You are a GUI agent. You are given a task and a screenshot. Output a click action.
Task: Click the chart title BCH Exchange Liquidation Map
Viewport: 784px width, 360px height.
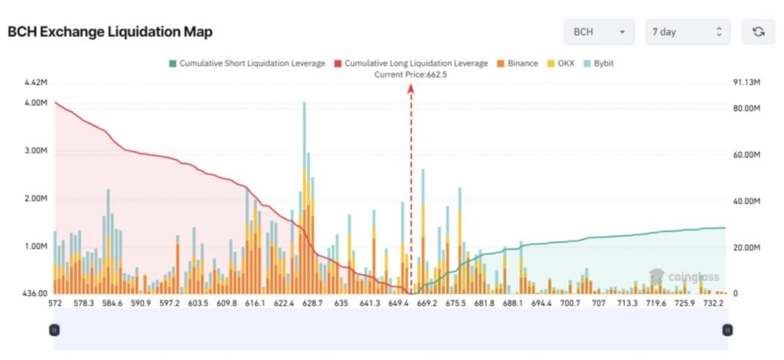click(x=109, y=32)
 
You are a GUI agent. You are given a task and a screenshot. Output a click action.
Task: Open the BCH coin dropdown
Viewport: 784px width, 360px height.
click(x=599, y=32)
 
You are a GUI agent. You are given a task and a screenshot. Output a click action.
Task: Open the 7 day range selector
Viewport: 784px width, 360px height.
click(x=688, y=32)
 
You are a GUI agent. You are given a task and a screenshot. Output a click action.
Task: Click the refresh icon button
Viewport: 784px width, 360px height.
click(x=758, y=32)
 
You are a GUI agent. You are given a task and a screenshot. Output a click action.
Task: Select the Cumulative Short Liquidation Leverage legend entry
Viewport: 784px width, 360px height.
click(x=247, y=63)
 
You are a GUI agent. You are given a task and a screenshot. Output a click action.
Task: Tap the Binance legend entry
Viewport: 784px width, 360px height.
click(x=518, y=63)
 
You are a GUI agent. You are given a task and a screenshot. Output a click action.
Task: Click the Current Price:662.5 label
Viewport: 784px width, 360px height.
click(x=410, y=74)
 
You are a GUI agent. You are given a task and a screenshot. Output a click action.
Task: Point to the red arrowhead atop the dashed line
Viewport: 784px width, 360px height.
click(x=410, y=88)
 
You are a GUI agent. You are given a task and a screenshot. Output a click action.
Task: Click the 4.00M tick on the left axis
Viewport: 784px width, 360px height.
click(x=36, y=103)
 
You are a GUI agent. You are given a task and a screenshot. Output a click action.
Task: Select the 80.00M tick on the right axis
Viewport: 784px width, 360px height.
click(x=746, y=109)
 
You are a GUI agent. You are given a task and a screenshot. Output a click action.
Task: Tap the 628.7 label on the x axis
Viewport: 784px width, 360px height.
click(x=312, y=304)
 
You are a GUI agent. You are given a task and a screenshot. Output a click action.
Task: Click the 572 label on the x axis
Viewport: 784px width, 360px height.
click(x=54, y=304)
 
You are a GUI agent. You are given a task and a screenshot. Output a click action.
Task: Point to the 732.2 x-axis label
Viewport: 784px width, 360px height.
click(x=714, y=304)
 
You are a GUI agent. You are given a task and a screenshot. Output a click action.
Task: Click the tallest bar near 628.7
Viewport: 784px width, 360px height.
click(x=305, y=153)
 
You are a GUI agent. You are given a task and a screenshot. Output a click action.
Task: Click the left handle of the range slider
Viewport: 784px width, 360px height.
click(x=54, y=329)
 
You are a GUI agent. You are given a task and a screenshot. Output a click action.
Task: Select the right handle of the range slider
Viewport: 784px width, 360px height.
click(x=727, y=329)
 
